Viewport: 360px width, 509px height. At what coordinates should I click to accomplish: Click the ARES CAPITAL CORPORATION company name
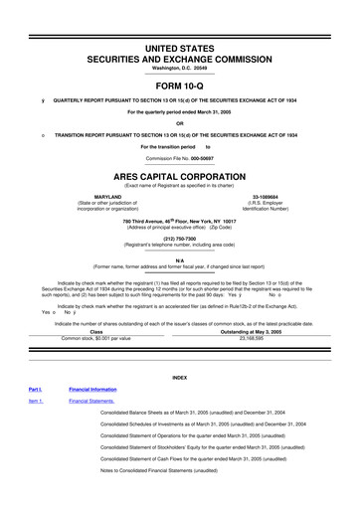point(180,176)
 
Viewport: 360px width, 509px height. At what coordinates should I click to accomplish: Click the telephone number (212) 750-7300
point(179,239)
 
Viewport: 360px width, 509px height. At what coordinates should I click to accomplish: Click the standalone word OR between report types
point(180,123)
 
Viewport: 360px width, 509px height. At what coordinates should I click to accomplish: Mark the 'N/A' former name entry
point(180,258)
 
